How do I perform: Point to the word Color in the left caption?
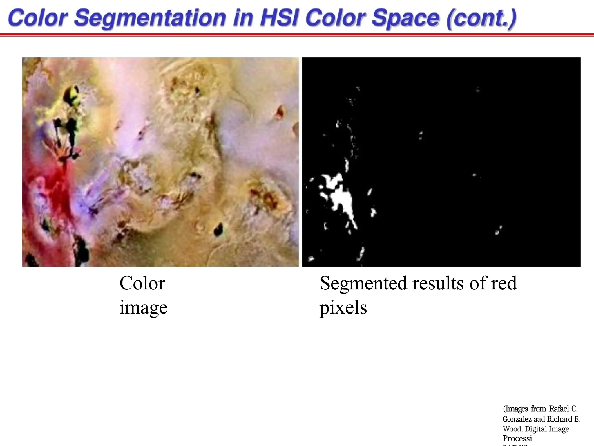point(142,283)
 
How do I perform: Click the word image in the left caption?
point(144,307)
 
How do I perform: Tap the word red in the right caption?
point(504,283)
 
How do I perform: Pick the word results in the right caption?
point(438,283)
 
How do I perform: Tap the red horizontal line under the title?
point(297,35)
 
